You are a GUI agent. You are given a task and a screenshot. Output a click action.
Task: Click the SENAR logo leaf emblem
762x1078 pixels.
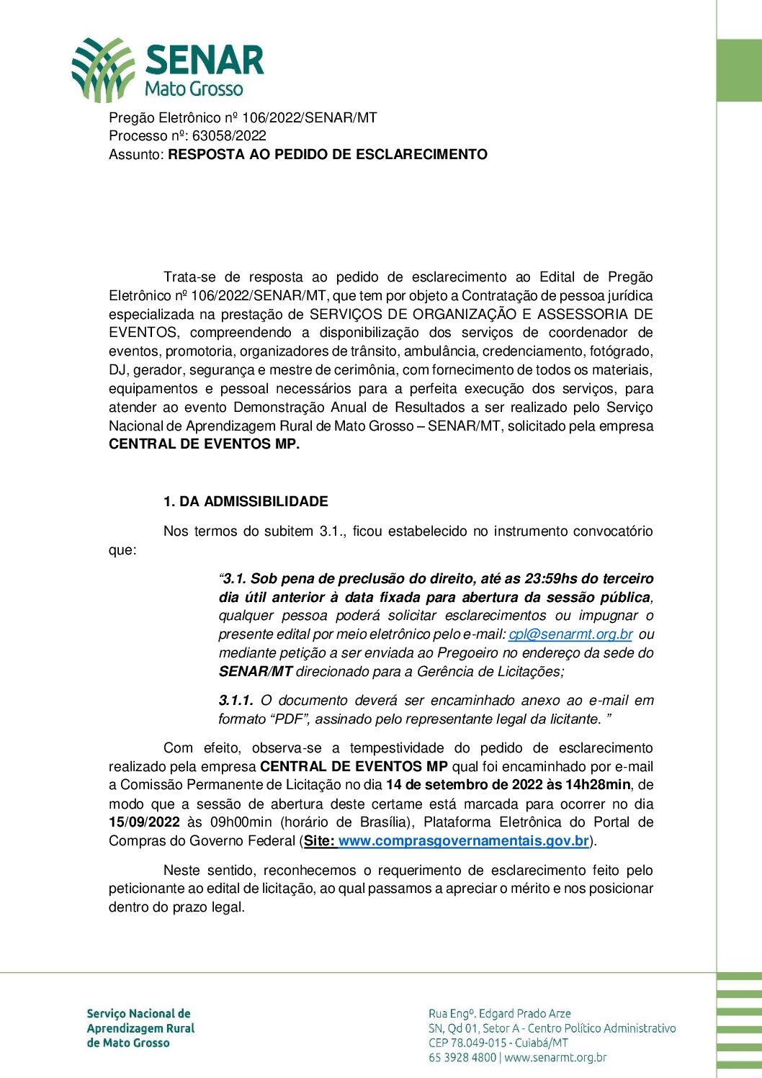pos(103,70)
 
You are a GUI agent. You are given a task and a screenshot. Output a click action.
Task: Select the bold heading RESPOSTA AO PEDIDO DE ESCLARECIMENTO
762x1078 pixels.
pos(328,154)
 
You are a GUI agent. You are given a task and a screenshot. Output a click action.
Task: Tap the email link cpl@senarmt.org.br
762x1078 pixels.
pos(570,634)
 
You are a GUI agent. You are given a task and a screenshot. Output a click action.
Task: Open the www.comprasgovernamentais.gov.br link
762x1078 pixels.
pos(464,840)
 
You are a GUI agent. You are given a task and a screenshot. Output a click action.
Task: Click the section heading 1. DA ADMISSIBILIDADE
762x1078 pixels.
pos(246,501)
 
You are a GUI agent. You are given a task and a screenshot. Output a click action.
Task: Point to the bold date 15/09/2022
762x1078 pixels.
pos(144,822)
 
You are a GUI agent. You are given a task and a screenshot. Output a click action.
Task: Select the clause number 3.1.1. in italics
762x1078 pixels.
pos(236,700)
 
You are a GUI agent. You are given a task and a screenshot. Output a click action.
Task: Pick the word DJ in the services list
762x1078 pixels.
pos(117,370)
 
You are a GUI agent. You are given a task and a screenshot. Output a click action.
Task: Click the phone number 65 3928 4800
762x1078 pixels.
pos(462,1058)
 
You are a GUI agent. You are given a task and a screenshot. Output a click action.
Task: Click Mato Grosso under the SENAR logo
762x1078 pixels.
pos(194,89)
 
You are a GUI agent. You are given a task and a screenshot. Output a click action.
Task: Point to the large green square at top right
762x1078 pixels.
pos(739,70)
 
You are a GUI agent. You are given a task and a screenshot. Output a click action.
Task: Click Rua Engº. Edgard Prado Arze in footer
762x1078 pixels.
pos(499,1013)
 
